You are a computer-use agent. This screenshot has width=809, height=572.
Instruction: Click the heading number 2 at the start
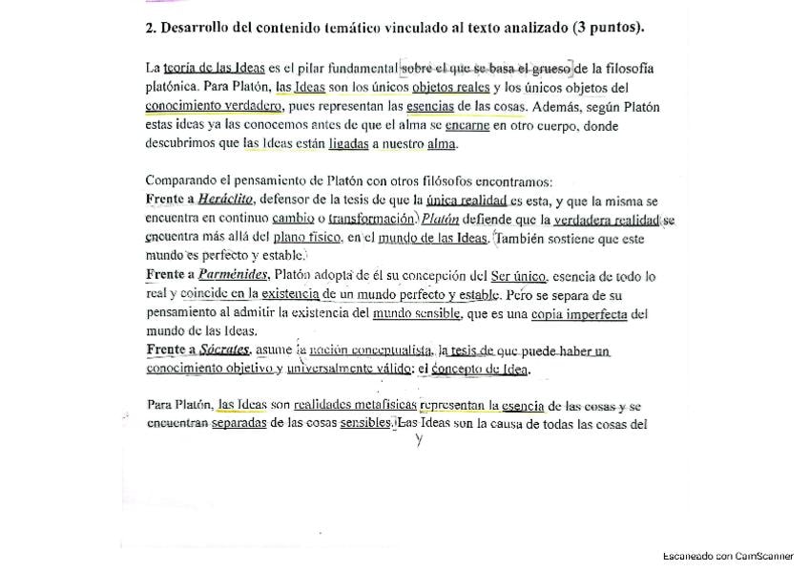pyautogui.click(x=150, y=28)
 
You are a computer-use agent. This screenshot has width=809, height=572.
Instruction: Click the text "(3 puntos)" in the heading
pyautogui.click(x=610, y=27)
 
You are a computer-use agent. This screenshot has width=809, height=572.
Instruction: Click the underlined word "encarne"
pyautogui.click(x=467, y=125)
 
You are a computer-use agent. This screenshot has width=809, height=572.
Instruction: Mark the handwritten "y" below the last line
pyautogui.click(x=418, y=440)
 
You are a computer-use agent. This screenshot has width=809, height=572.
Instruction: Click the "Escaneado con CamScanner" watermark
pyautogui.click(x=728, y=555)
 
